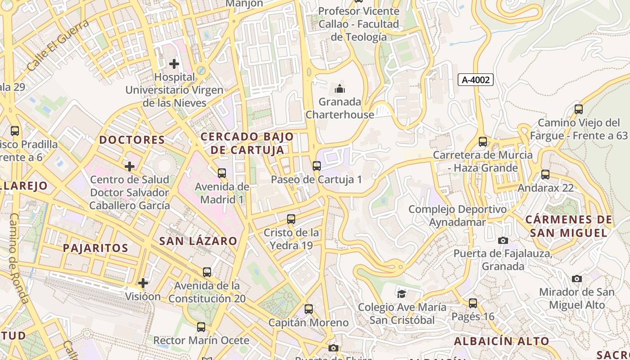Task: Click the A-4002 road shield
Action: coord(476,80)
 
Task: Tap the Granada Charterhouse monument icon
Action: coord(340,88)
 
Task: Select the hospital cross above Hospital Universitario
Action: coord(174,64)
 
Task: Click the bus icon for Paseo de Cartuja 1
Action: coord(317,166)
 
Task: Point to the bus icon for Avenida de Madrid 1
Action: coord(221,173)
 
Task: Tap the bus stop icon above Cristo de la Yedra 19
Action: coord(291,220)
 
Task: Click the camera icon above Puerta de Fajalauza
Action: coord(503,241)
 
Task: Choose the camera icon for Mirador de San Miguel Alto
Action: coord(577,279)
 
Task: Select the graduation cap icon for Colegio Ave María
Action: coord(401,294)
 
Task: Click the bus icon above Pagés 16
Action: coord(472,303)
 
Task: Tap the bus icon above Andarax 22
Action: coord(545,175)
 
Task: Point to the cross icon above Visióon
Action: coord(143,283)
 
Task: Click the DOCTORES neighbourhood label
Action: coord(132,140)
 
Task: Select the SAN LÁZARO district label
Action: coord(198,241)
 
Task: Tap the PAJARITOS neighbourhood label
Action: coord(95,248)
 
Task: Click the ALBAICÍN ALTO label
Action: coord(501,341)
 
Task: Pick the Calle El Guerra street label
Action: coord(58,45)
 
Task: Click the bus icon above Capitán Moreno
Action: coord(309,310)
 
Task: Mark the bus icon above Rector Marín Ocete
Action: coord(201,327)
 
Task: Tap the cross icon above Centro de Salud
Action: coord(130,167)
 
